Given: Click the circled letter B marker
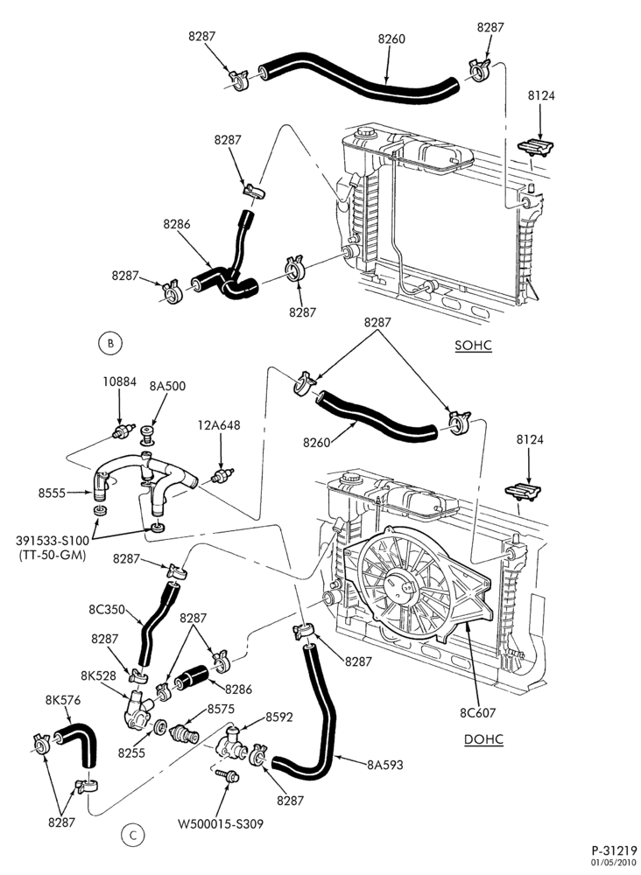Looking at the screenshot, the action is [x=110, y=344].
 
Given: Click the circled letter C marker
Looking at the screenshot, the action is [x=132, y=836].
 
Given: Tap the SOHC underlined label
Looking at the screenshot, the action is [x=474, y=346].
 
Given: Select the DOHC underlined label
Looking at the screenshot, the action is [x=484, y=740].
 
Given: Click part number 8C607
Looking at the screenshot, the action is [x=477, y=712].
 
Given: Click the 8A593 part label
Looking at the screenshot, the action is [x=384, y=765].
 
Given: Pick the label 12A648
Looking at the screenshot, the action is [x=219, y=425].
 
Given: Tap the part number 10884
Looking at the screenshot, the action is [x=119, y=382].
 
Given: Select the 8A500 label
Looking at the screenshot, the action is [x=167, y=386].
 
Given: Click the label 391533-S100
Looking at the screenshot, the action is [x=52, y=542].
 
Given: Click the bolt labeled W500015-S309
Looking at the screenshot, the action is [x=229, y=775].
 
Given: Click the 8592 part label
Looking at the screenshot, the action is [x=278, y=717].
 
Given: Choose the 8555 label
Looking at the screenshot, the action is [x=52, y=493].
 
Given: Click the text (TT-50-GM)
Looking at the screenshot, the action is [x=52, y=556].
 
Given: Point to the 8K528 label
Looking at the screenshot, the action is [x=98, y=675].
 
